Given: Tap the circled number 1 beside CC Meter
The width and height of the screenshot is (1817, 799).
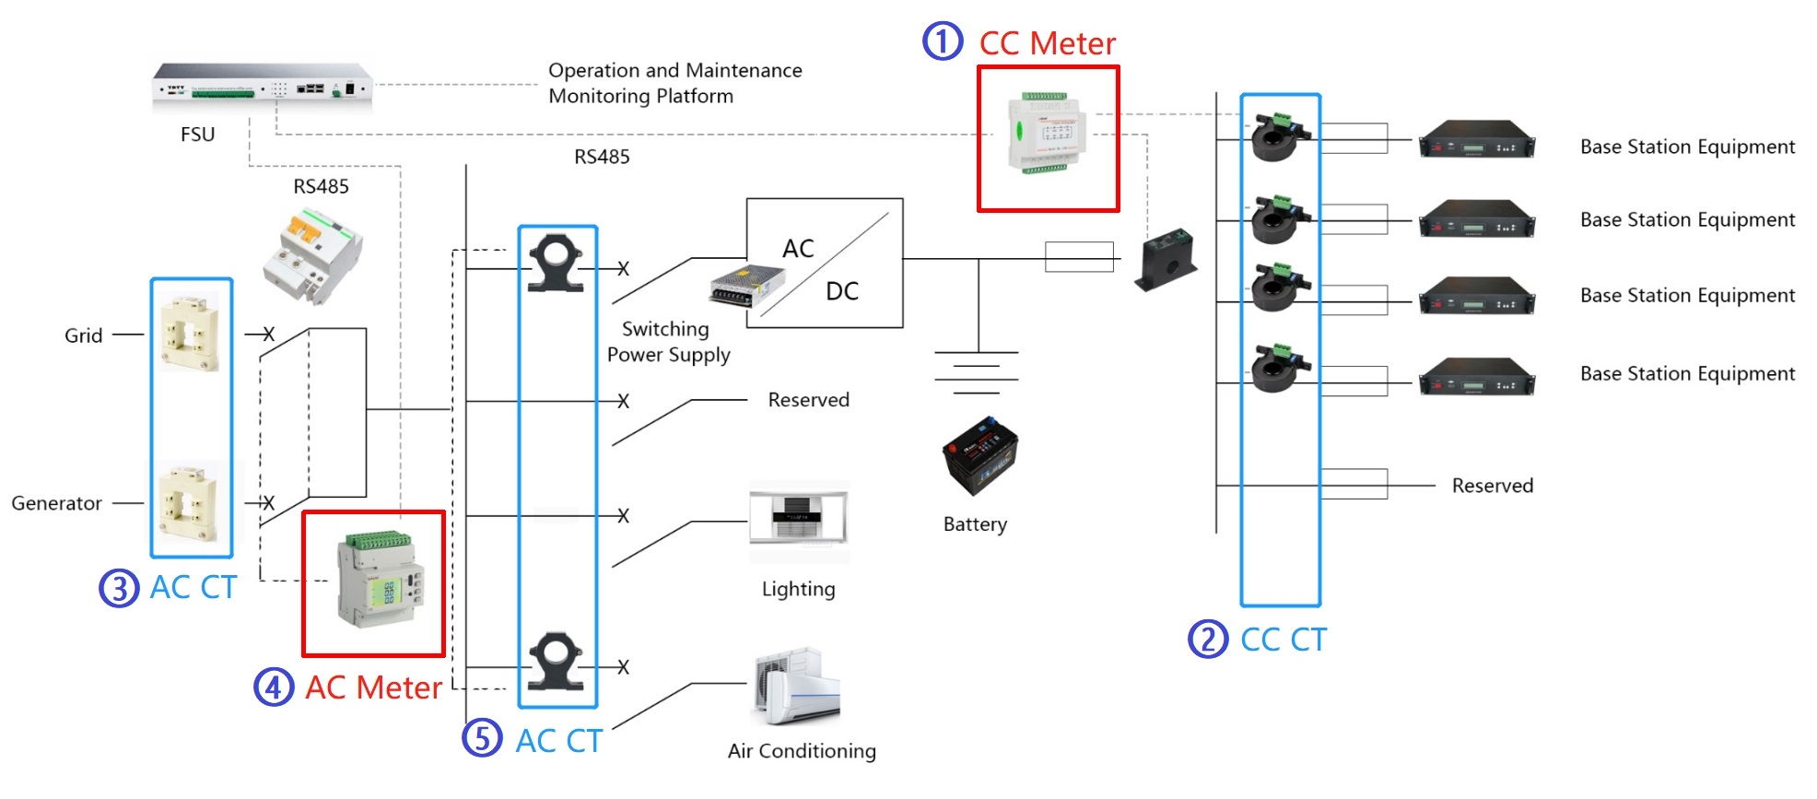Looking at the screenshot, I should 943,41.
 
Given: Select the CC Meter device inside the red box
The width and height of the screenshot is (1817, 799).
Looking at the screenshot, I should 1048,134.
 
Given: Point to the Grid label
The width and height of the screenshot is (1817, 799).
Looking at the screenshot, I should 83,335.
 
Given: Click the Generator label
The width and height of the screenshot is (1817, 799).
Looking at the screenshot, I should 56,503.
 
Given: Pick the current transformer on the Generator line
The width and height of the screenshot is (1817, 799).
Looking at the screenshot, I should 190,503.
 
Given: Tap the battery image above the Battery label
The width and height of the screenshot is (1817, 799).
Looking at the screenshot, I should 979,454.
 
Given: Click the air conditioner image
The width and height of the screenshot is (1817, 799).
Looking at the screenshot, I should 798,687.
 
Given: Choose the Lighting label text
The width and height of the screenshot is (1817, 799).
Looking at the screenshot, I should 798,589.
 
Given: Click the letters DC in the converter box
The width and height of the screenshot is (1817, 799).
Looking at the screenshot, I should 841,291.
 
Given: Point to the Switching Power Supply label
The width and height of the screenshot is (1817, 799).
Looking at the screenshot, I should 668,342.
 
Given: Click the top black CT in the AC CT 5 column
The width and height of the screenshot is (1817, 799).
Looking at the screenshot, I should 556,264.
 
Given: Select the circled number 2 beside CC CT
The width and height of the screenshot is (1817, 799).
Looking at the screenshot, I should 1207,639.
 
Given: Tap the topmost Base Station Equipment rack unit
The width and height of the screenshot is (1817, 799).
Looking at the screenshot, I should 1476,141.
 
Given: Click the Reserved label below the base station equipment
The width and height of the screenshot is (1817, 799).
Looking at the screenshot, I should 1492,486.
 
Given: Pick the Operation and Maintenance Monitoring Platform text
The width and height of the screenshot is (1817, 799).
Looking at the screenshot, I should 674,83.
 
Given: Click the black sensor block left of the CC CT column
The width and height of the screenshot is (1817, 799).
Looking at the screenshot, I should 1166,259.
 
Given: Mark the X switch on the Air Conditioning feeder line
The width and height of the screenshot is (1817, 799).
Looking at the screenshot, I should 623,666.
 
